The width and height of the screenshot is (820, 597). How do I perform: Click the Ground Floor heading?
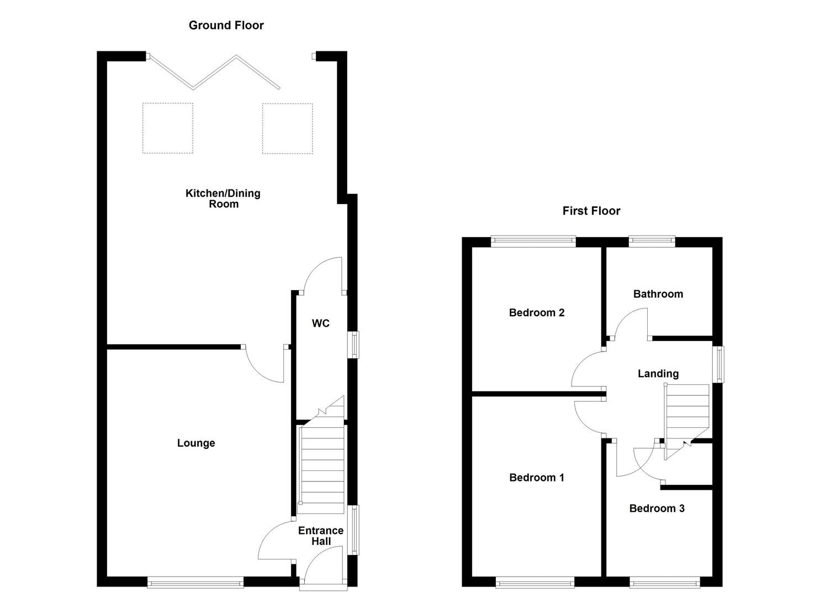(x=226, y=25)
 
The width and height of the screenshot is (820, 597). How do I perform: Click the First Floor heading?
(x=591, y=211)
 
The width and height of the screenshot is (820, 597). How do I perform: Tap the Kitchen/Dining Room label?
(x=223, y=198)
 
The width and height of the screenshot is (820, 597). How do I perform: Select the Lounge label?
(x=196, y=443)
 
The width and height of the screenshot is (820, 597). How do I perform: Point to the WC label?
(x=320, y=323)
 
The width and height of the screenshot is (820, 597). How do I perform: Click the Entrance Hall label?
(x=321, y=536)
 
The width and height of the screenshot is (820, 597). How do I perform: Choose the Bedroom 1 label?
(x=536, y=478)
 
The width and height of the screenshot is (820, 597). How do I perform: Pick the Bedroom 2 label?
(x=536, y=313)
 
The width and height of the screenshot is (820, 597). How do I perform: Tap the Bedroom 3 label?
(x=657, y=509)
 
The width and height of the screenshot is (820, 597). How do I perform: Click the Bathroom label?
(x=658, y=294)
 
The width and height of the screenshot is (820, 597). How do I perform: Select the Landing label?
(x=658, y=374)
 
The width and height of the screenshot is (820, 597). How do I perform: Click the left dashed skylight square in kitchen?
(x=168, y=128)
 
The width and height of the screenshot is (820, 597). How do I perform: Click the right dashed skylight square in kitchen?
(x=287, y=128)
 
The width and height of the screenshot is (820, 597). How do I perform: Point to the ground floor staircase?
(x=321, y=464)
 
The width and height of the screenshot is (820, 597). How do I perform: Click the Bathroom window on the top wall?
(x=652, y=240)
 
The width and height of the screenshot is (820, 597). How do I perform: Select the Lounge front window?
(x=195, y=582)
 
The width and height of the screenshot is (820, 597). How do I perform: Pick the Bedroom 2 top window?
(x=533, y=240)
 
